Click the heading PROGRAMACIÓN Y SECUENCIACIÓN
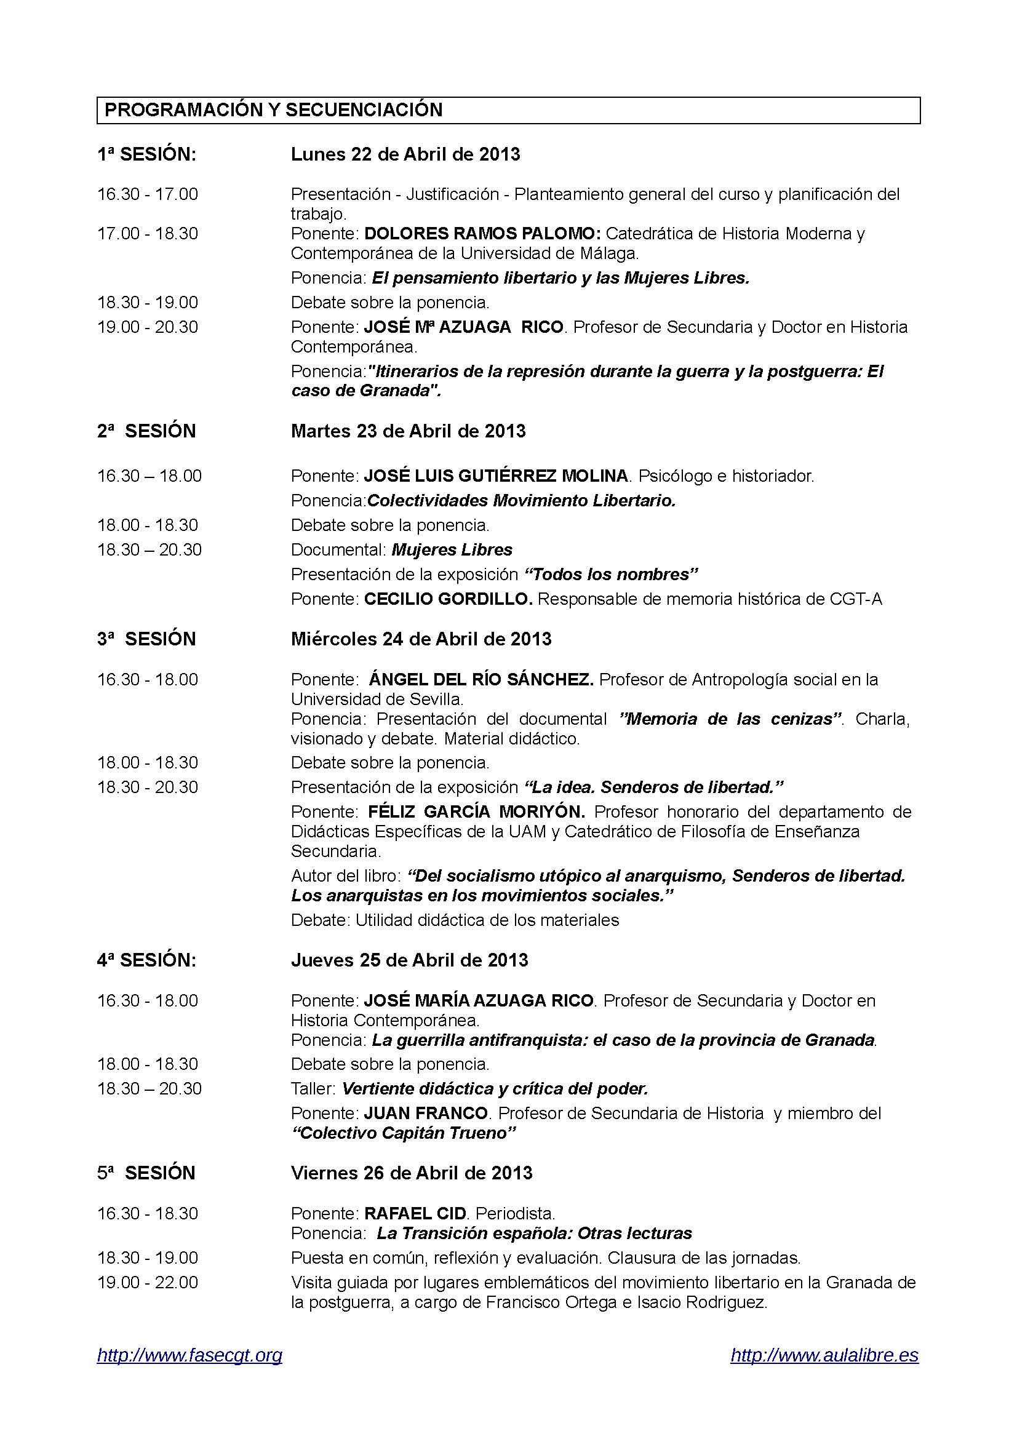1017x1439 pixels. [x=273, y=110]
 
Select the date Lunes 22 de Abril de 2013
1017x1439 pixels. [x=405, y=154]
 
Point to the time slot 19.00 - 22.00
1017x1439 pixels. [x=147, y=1282]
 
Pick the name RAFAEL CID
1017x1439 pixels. [x=415, y=1213]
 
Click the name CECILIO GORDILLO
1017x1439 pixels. [x=448, y=599]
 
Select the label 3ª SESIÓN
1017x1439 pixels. [x=146, y=639]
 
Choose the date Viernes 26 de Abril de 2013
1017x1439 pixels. [x=411, y=1173]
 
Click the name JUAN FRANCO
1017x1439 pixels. [x=426, y=1113]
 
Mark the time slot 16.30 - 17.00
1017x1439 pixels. [x=147, y=194]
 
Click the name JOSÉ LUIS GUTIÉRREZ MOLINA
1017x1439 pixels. [x=496, y=476]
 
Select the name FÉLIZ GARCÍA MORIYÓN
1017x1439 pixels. [x=476, y=811]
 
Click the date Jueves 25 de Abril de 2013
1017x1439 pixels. [x=409, y=960]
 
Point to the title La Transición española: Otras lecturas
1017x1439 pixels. [x=534, y=1233]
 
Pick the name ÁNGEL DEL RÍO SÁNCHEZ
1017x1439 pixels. [x=481, y=679]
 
